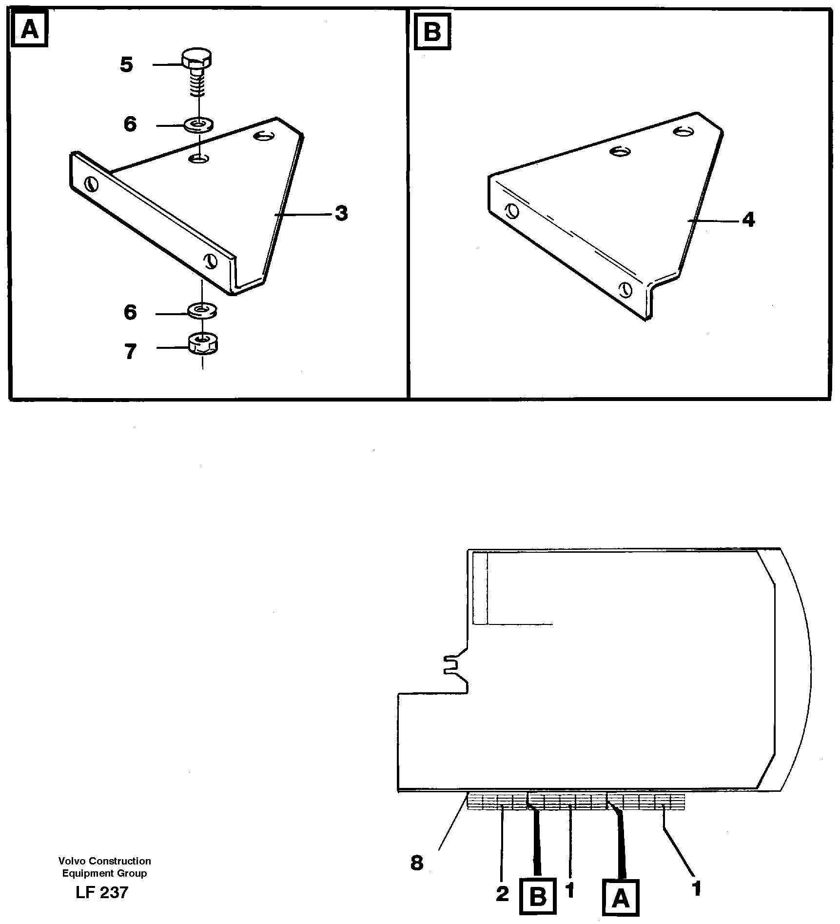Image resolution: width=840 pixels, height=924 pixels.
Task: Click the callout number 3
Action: coord(341,213)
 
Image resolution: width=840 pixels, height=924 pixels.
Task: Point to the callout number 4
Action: coord(748,220)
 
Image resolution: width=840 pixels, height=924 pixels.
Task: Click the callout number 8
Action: coord(417,864)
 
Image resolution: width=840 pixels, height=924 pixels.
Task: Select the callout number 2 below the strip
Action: coord(502,894)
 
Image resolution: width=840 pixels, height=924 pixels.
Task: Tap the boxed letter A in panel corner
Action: coord(30,30)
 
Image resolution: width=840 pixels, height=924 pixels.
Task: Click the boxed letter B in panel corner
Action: coord(432,32)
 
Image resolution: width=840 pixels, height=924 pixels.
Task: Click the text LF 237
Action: coord(102,892)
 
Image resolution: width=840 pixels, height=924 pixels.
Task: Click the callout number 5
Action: coord(126,64)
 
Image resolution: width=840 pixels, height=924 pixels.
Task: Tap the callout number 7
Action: coord(130,351)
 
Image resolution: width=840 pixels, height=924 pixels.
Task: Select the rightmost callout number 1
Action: coord(697,888)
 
